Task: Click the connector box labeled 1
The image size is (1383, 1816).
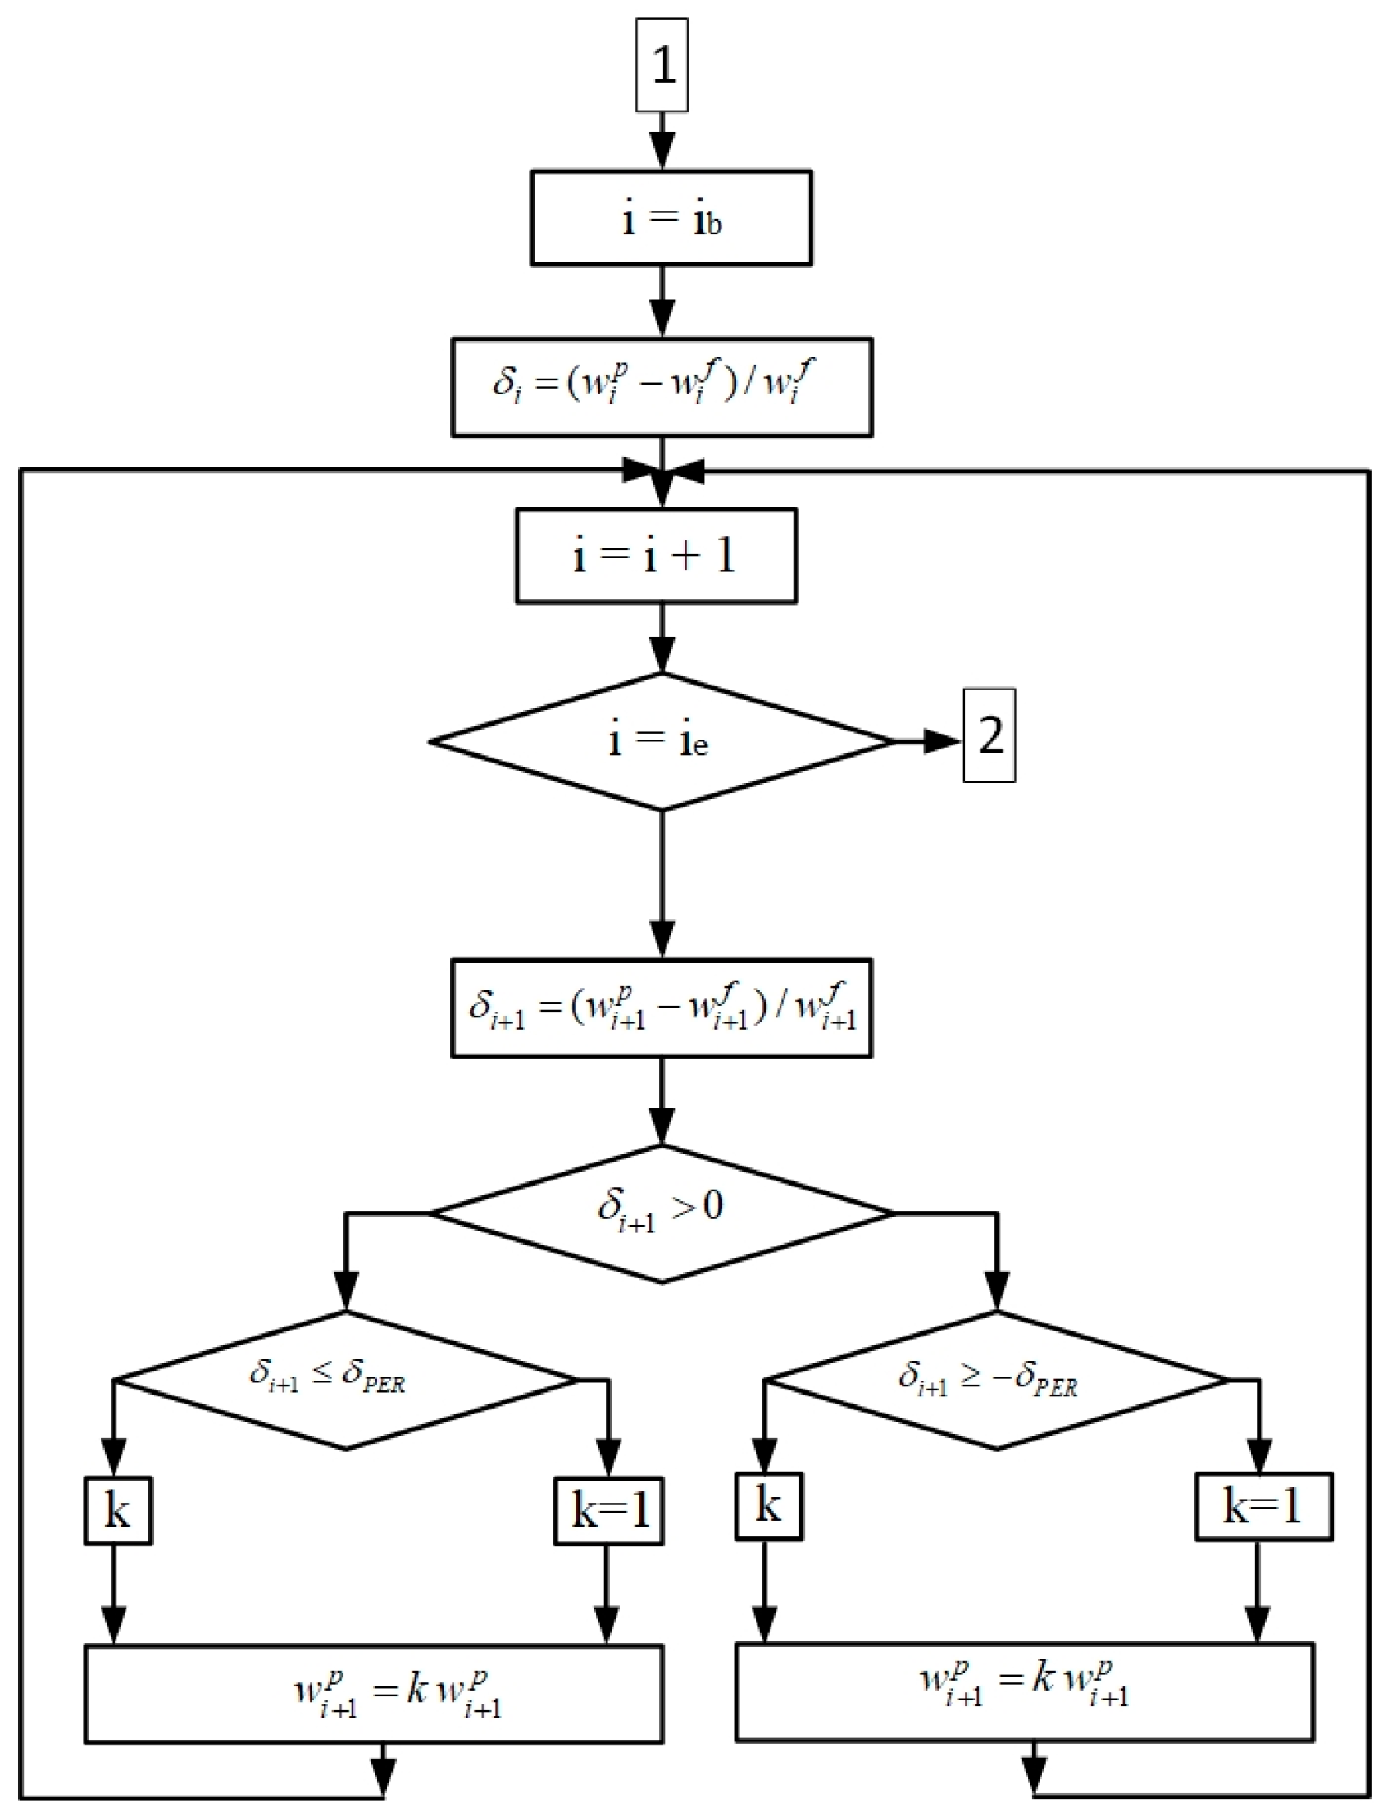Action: click(662, 65)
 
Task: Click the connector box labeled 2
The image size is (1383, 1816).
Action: click(989, 735)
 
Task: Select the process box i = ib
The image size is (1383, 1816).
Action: click(671, 218)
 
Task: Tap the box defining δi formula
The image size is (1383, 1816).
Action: click(662, 386)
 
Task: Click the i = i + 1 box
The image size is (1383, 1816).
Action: click(656, 556)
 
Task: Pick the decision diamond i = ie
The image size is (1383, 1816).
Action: click(661, 742)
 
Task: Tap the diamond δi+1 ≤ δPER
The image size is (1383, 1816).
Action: click(346, 1379)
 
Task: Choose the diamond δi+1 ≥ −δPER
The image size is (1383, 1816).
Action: click(996, 1379)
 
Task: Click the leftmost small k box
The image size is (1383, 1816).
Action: click(118, 1510)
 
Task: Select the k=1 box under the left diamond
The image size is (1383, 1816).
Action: click(608, 1510)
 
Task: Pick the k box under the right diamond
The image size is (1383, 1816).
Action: click(768, 1506)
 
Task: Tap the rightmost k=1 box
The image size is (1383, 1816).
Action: click(1262, 1506)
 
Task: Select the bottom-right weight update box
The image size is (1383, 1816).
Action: click(1024, 1691)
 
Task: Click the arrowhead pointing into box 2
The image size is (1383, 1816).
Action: click(940, 742)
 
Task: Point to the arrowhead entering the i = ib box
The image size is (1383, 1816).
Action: click(662, 152)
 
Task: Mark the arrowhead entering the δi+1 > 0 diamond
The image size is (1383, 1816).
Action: click(662, 1126)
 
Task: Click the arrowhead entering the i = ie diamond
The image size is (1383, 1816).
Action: click(662, 656)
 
